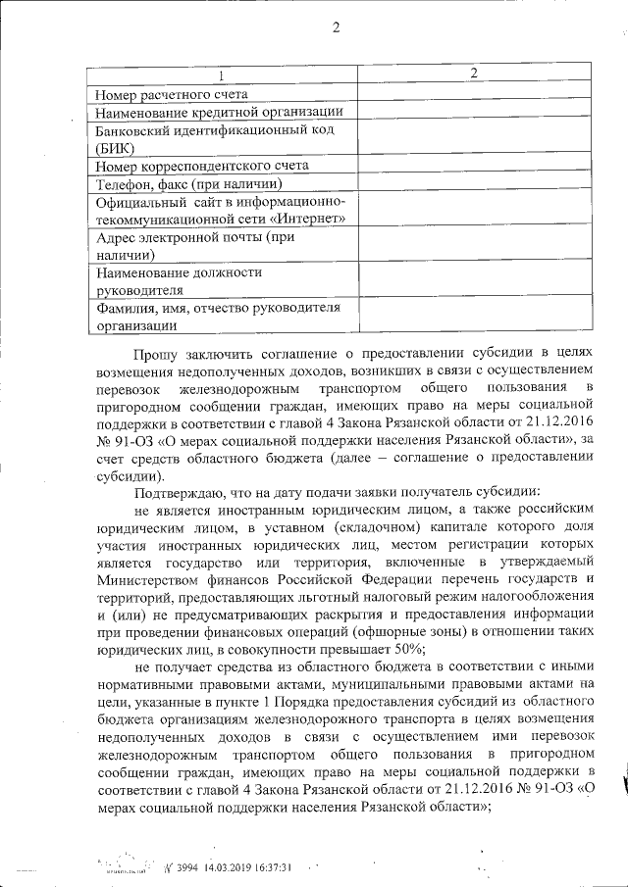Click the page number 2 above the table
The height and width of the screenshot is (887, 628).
coord(336,27)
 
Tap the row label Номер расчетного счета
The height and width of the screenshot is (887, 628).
coord(171,94)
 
